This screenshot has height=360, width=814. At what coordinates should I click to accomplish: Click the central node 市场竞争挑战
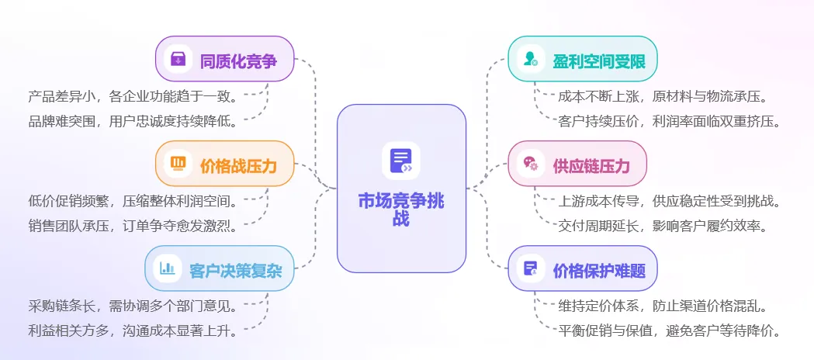[401, 209]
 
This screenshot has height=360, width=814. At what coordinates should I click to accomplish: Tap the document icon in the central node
[401, 161]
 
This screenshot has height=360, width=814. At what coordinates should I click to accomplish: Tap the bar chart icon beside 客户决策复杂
[168, 269]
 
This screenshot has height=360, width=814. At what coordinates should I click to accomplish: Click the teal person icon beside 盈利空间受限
[531, 59]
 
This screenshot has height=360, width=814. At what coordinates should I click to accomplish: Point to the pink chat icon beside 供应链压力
[531, 164]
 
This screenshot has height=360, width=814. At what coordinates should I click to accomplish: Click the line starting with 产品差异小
[133, 97]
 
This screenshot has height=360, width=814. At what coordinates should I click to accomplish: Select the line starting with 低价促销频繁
[133, 202]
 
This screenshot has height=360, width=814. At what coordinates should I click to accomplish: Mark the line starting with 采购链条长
[133, 306]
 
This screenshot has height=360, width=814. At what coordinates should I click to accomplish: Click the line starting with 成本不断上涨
[663, 97]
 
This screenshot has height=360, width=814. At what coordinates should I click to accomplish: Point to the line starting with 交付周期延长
[663, 226]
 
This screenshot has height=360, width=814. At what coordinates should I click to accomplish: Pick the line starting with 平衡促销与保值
[668, 331]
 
